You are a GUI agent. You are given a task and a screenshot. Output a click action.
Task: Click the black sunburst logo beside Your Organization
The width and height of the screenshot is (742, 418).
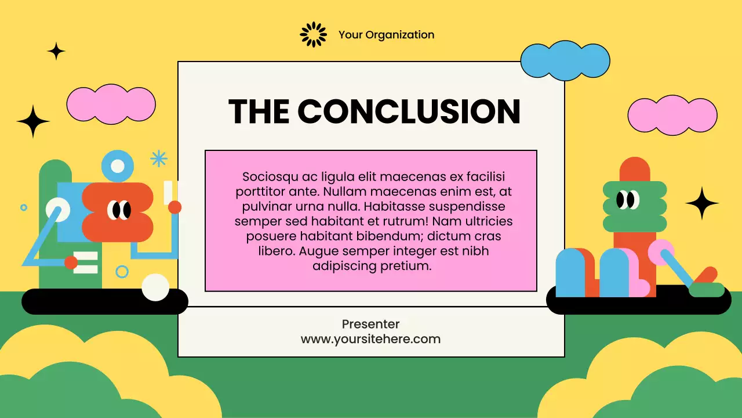(x=314, y=35)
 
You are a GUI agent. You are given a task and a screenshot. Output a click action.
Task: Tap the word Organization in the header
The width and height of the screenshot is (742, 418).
(x=399, y=35)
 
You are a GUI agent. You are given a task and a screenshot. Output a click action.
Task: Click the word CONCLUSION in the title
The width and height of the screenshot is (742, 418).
(x=409, y=111)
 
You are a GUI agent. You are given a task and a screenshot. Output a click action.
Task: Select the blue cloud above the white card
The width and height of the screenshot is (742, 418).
(x=565, y=60)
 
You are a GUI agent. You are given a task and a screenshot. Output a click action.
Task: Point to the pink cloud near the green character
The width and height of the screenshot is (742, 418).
(x=672, y=115)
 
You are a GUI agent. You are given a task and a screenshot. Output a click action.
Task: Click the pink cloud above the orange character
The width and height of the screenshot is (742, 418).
(x=111, y=104)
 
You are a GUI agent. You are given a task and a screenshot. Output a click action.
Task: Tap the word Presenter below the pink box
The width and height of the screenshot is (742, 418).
(x=370, y=324)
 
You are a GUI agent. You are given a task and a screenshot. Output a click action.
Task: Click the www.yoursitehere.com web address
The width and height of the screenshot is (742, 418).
(x=370, y=339)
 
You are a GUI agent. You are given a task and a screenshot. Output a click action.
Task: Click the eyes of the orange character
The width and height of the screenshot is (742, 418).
(x=121, y=210)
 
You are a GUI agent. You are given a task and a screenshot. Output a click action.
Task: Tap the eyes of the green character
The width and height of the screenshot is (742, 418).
(x=627, y=200)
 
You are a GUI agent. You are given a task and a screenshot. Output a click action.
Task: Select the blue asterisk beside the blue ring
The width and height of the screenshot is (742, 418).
(x=158, y=158)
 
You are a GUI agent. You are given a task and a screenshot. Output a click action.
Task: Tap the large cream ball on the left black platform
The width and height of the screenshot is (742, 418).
(x=155, y=287)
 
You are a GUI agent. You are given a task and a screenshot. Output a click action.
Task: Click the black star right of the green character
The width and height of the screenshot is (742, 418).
(x=702, y=203)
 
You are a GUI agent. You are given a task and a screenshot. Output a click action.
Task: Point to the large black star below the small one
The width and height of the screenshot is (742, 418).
(x=33, y=121)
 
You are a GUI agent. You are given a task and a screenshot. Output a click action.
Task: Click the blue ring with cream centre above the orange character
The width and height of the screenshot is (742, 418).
(x=118, y=166)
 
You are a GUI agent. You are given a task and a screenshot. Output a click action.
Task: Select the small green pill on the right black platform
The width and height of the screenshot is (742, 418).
(x=707, y=290)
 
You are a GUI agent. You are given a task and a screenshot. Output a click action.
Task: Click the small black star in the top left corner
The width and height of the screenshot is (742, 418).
(x=56, y=51)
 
